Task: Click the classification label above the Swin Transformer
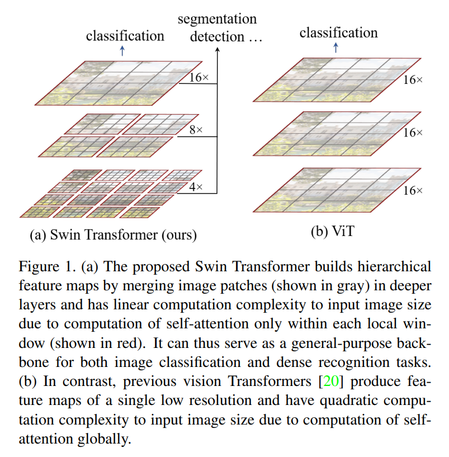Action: pos(125,36)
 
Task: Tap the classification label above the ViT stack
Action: pos(338,33)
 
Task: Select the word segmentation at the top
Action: pos(217,19)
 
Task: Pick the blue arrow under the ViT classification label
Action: pos(335,48)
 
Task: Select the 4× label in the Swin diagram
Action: pos(195,187)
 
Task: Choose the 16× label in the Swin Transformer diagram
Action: pos(198,78)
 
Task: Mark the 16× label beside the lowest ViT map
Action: pos(413,191)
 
